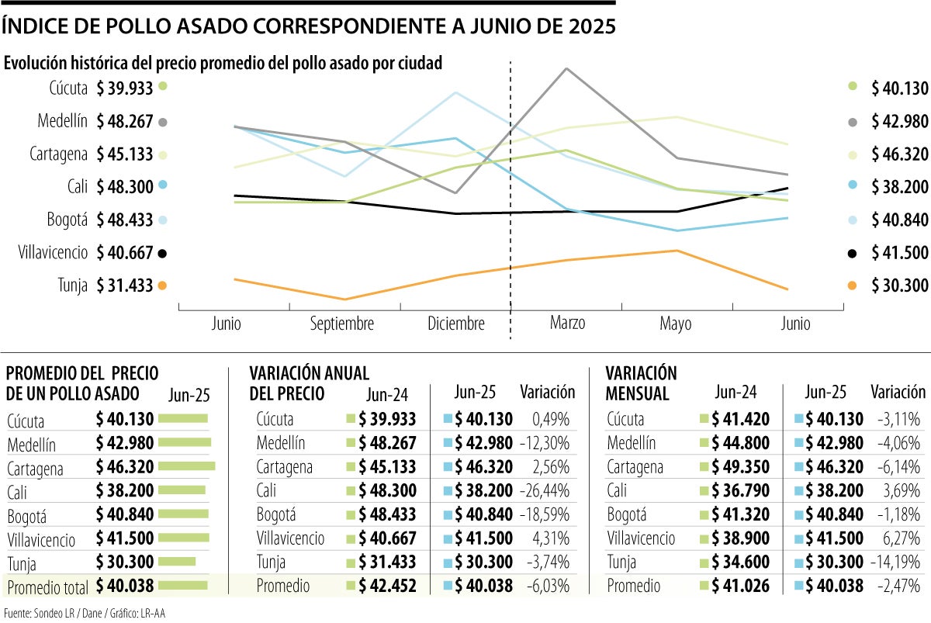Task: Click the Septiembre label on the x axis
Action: point(342,324)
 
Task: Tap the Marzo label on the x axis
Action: point(567,323)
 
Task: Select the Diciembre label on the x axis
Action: point(455,324)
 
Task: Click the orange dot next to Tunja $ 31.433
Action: point(162,286)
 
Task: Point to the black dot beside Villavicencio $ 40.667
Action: point(162,253)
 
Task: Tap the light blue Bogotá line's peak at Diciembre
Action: point(456,92)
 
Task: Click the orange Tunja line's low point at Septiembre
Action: point(345,299)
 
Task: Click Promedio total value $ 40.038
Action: point(124,587)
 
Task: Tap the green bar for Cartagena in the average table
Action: point(186,466)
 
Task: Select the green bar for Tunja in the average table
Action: point(177,562)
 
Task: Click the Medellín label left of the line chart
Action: point(62,121)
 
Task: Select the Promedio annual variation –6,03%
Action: point(549,587)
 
